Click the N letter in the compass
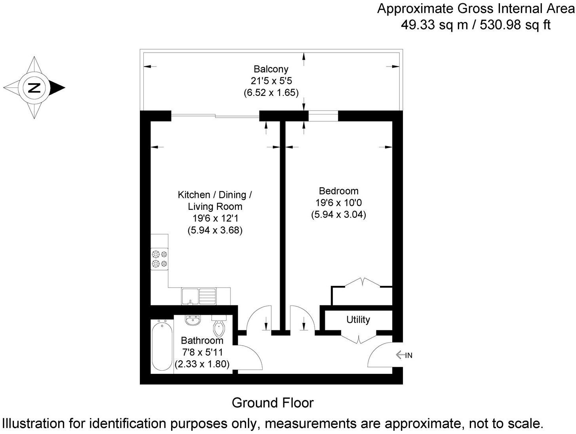click(x=34, y=88)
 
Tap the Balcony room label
click(x=271, y=69)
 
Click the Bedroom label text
click(x=339, y=190)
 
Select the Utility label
click(x=358, y=320)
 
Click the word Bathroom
click(x=202, y=341)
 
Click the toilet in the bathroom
click(x=219, y=325)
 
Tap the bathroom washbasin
click(x=193, y=320)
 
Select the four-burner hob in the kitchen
click(x=160, y=259)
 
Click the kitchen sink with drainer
click(x=198, y=297)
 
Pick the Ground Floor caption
click(x=273, y=403)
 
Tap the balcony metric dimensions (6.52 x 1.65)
click(x=271, y=93)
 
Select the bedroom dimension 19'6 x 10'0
click(x=339, y=202)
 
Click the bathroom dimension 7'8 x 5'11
click(x=202, y=352)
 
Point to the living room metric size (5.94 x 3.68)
click(x=215, y=230)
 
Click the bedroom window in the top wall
click(x=323, y=116)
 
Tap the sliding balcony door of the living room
click(x=215, y=116)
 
